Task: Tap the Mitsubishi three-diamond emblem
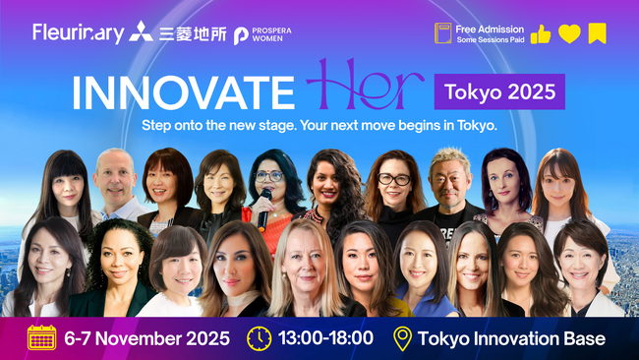pos(141,32)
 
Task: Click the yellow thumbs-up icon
pos(540,34)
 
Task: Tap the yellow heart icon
pos(568,34)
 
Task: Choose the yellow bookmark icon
pos(597,34)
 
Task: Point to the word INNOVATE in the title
pos(184,92)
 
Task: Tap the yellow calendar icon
pos(42,338)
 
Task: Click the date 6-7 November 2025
pos(146,339)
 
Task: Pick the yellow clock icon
pos(259,338)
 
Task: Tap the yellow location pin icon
pos(401,338)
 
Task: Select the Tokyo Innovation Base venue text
pos(511,339)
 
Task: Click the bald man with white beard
pos(116,182)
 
